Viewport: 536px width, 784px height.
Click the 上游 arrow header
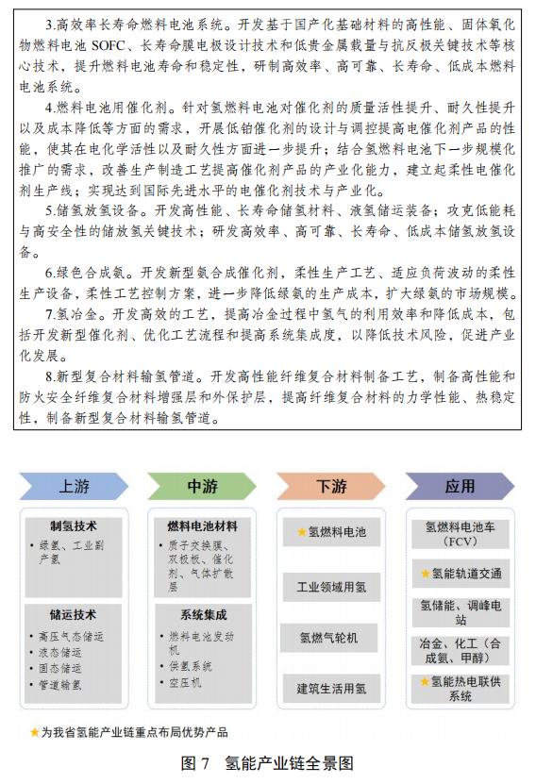click(74, 486)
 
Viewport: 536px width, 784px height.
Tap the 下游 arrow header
click(330, 486)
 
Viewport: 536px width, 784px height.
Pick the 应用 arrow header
click(460, 486)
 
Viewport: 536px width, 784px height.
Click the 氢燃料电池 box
click(331, 533)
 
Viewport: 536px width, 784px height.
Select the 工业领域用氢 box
click(331, 585)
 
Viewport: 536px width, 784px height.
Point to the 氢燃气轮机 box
click(331, 638)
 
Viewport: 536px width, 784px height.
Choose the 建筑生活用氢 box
click(331, 689)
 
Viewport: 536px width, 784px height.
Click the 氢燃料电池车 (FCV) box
click(461, 535)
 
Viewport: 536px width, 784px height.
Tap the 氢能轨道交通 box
click(461, 573)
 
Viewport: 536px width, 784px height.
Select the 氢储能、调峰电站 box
click(461, 609)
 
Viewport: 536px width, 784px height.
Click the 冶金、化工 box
click(461, 652)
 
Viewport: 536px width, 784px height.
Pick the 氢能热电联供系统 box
click(461, 689)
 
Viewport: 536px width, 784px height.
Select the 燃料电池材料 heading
click(203, 525)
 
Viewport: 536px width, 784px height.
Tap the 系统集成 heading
click(203, 614)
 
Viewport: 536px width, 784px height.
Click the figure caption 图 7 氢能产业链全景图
click(267, 762)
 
